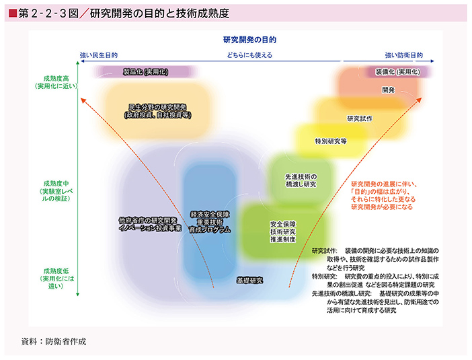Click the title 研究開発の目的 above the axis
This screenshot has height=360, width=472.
click(249, 40)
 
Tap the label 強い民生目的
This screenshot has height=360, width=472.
click(99, 55)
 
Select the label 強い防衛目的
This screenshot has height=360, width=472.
click(403, 55)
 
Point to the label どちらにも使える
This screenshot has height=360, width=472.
click(249, 55)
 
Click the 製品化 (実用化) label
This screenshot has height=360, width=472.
click(145, 71)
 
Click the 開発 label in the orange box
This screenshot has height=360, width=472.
click(388, 89)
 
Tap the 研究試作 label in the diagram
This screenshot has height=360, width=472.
click(360, 118)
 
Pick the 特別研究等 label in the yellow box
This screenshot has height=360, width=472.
click(330, 141)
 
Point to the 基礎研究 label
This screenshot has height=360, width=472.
click(249, 279)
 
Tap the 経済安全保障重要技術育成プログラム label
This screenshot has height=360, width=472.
click(210, 221)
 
